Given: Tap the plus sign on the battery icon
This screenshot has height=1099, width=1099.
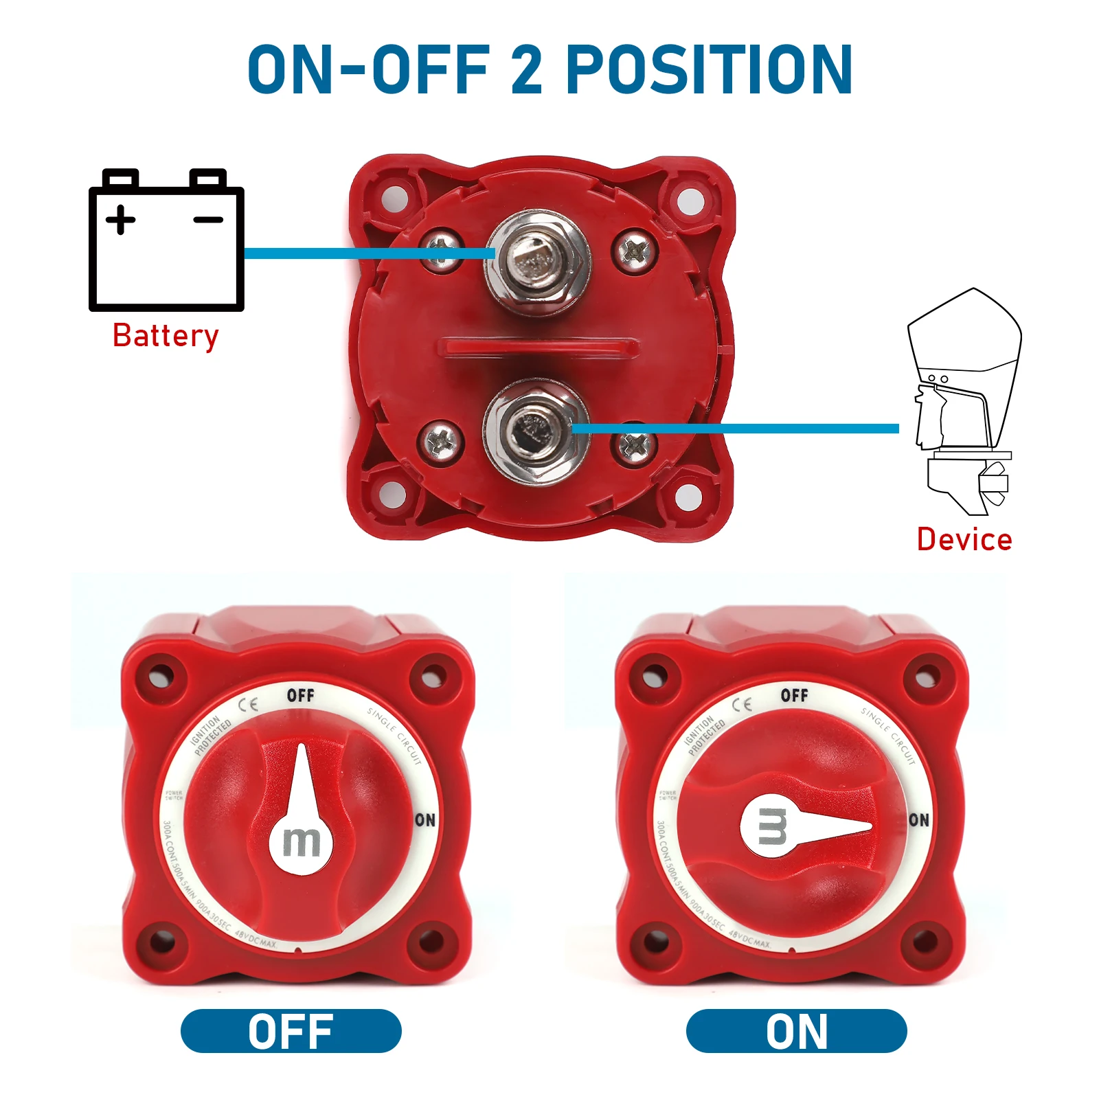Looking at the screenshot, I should click(x=121, y=220).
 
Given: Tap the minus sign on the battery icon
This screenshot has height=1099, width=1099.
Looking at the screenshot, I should click(x=208, y=220).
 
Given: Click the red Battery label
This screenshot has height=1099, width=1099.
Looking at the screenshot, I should click(x=166, y=337).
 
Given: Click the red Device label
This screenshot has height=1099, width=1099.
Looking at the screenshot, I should click(x=964, y=540).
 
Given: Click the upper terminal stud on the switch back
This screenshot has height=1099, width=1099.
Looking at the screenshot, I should click(x=536, y=261).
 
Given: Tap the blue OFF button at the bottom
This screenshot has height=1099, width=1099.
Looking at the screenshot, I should click(x=291, y=1031).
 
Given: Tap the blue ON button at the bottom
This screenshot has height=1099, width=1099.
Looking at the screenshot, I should click(x=796, y=1031).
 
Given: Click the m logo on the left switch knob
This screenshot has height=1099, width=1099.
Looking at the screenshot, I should click(x=302, y=842).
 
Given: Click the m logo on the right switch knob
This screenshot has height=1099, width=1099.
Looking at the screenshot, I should click(x=772, y=826).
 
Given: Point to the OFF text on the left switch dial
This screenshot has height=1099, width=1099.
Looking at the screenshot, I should click(x=300, y=696).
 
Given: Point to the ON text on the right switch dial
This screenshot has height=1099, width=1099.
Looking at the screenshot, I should click(x=918, y=820).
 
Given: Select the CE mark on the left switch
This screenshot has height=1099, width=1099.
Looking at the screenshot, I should click(x=248, y=705).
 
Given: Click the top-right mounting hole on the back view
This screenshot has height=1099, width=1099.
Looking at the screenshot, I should click(x=690, y=200).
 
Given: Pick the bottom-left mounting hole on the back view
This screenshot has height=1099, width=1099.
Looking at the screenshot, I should click(x=392, y=493).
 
